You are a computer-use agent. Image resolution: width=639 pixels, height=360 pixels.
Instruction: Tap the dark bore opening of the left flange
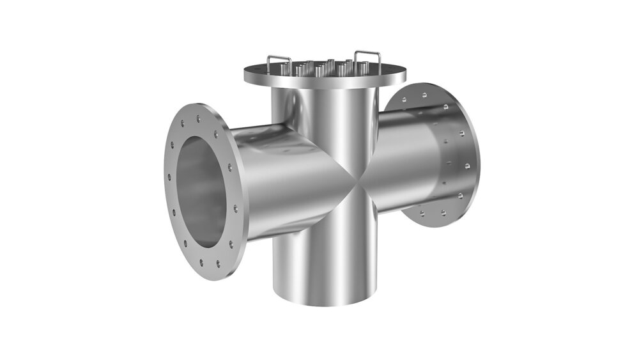(x=201, y=191)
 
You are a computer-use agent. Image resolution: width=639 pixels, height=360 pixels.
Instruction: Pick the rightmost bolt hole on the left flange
(x=236, y=208)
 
